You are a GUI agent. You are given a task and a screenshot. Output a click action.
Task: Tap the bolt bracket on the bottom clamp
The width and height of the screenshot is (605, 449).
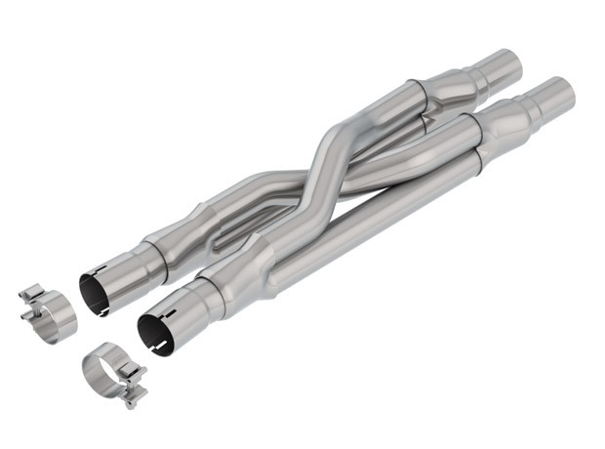(x=134, y=385)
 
